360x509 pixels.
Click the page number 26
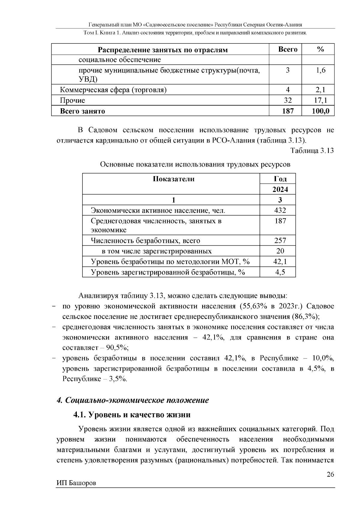pyautogui.click(x=330, y=475)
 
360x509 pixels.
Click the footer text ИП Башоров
pyautogui.click(x=76, y=483)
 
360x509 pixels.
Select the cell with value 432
pyautogui.click(x=280, y=210)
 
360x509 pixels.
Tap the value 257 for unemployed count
pyautogui.click(x=280, y=241)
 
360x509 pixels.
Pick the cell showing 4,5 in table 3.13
pyautogui.click(x=280, y=272)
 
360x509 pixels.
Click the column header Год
pyautogui.click(x=280, y=179)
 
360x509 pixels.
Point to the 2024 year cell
pyautogui.click(x=280, y=190)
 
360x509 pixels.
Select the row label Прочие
pyautogui.click(x=72, y=100)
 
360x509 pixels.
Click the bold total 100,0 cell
pyautogui.click(x=320, y=111)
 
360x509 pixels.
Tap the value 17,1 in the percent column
pyautogui.click(x=320, y=100)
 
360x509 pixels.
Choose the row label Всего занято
pyautogui.click(x=82, y=111)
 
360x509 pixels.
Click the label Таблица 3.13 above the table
pyautogui.click(x=312, y=151)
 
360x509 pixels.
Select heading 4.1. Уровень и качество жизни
pyautogui.click(x=132, y=415)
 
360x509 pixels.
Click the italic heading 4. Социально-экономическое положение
pyautogui.click(x=133, y=400)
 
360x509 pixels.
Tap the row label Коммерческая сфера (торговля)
pyautogui.click(x=113, y=90)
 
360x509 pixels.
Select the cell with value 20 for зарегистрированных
pyautogui.click(x=280, y=251)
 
